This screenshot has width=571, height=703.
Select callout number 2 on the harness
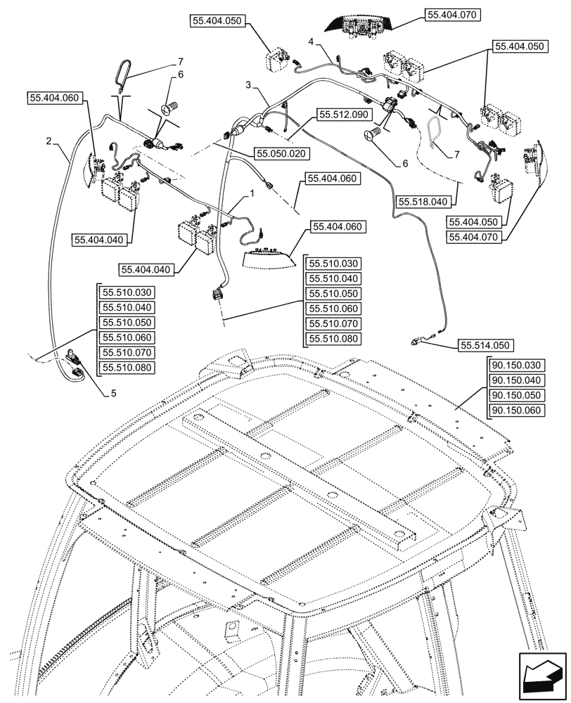[x=49, y=141]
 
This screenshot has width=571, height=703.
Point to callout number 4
[x=310, y=43]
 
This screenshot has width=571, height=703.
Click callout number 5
[x=113, y=394]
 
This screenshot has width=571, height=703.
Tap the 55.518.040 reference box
[x=423, y=201]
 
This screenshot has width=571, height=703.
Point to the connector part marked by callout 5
[x=73, y=360]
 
